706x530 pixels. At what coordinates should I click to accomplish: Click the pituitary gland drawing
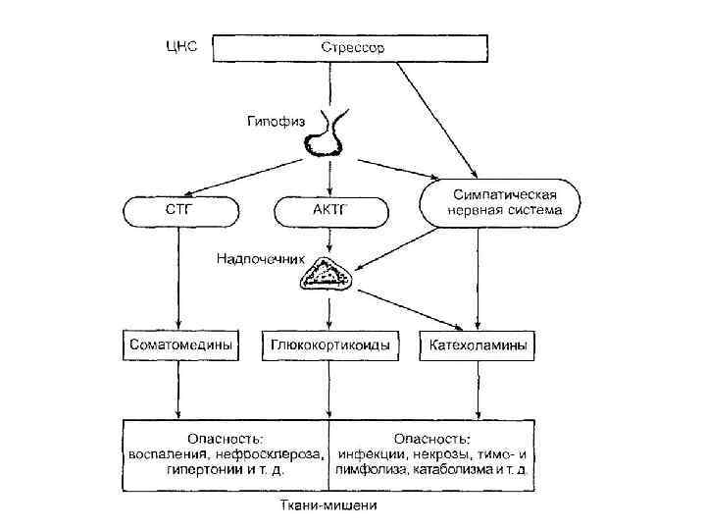[326, 136]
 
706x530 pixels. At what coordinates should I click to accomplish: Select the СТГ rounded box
[179, 210]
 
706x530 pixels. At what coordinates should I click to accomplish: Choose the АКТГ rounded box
[328, 210]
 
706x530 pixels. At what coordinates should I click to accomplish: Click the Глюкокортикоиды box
[330, 345]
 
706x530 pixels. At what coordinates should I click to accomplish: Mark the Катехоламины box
[477, 345]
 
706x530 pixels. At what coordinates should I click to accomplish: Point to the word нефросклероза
[278, 454]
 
